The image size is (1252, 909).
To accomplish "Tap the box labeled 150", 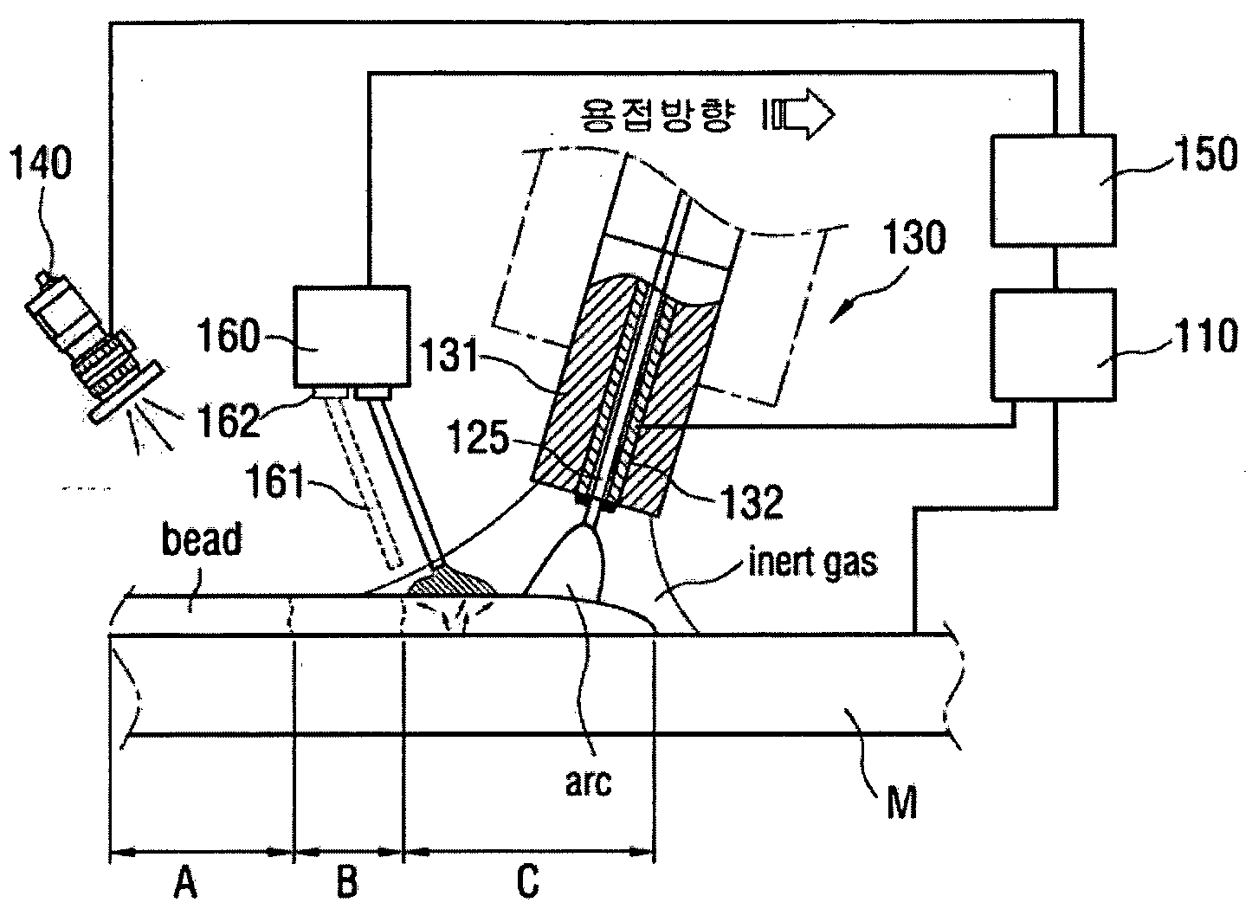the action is click(1054, 190).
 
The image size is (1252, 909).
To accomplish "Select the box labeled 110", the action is click(1054, 345).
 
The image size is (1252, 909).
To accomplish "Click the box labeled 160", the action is click(352, 337).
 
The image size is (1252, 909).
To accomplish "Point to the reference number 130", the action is click(915, 237).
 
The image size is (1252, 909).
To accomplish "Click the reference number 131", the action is click(449, 354).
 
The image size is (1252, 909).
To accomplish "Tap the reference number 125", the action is click(478, 436).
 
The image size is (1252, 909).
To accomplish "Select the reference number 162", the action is click(229, 420).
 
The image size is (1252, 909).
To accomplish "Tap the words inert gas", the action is click(813, 562).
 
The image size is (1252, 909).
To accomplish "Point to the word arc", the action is click(589, 783).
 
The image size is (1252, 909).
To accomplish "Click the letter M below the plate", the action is click(902, 803).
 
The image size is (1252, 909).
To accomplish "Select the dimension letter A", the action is click(185, 881).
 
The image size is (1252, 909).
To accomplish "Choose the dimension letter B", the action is click(347, 881).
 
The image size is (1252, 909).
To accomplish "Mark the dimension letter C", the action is click(527, 881).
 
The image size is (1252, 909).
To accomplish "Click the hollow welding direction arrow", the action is click(799, 115).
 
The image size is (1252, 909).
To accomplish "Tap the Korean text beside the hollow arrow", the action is click(658, 115).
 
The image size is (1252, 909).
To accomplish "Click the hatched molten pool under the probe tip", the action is click(453, 582).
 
